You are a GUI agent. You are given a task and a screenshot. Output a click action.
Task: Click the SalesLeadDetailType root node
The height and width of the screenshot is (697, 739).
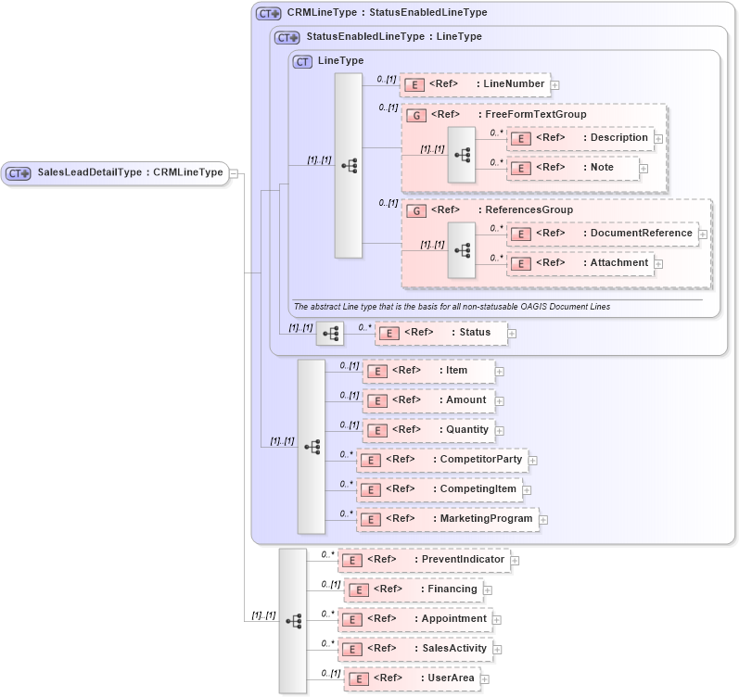point(115,172)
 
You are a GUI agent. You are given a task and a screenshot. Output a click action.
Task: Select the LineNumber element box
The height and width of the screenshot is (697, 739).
point(475,84)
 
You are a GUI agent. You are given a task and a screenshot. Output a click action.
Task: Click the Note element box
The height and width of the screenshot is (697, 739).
point(573,168)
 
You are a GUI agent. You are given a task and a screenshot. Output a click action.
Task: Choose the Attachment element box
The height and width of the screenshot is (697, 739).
point(580,263)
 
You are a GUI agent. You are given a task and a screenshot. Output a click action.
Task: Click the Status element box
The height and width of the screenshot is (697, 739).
point(440,333)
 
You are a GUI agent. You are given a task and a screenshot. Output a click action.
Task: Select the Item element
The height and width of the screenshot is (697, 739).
point(428,371)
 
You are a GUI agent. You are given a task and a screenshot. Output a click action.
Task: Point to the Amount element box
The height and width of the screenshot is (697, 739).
point(428,400)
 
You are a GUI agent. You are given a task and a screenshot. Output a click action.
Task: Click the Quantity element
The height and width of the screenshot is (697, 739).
point(427,430)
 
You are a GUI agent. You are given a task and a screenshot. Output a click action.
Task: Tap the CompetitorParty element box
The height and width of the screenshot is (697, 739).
point(442,460)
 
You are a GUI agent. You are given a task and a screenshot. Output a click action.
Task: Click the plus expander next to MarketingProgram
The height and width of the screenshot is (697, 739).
point(543,519)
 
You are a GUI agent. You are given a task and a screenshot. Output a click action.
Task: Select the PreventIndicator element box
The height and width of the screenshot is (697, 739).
point(424,560)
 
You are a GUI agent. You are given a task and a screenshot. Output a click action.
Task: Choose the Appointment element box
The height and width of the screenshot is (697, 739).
point(414,619)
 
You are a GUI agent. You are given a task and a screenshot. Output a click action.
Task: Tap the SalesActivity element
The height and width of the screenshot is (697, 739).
point(414,649)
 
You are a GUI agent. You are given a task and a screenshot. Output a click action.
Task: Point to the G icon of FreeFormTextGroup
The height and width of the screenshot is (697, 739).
point(417,115)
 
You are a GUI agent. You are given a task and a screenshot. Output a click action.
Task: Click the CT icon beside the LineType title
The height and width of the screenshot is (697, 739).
point(301,61)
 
